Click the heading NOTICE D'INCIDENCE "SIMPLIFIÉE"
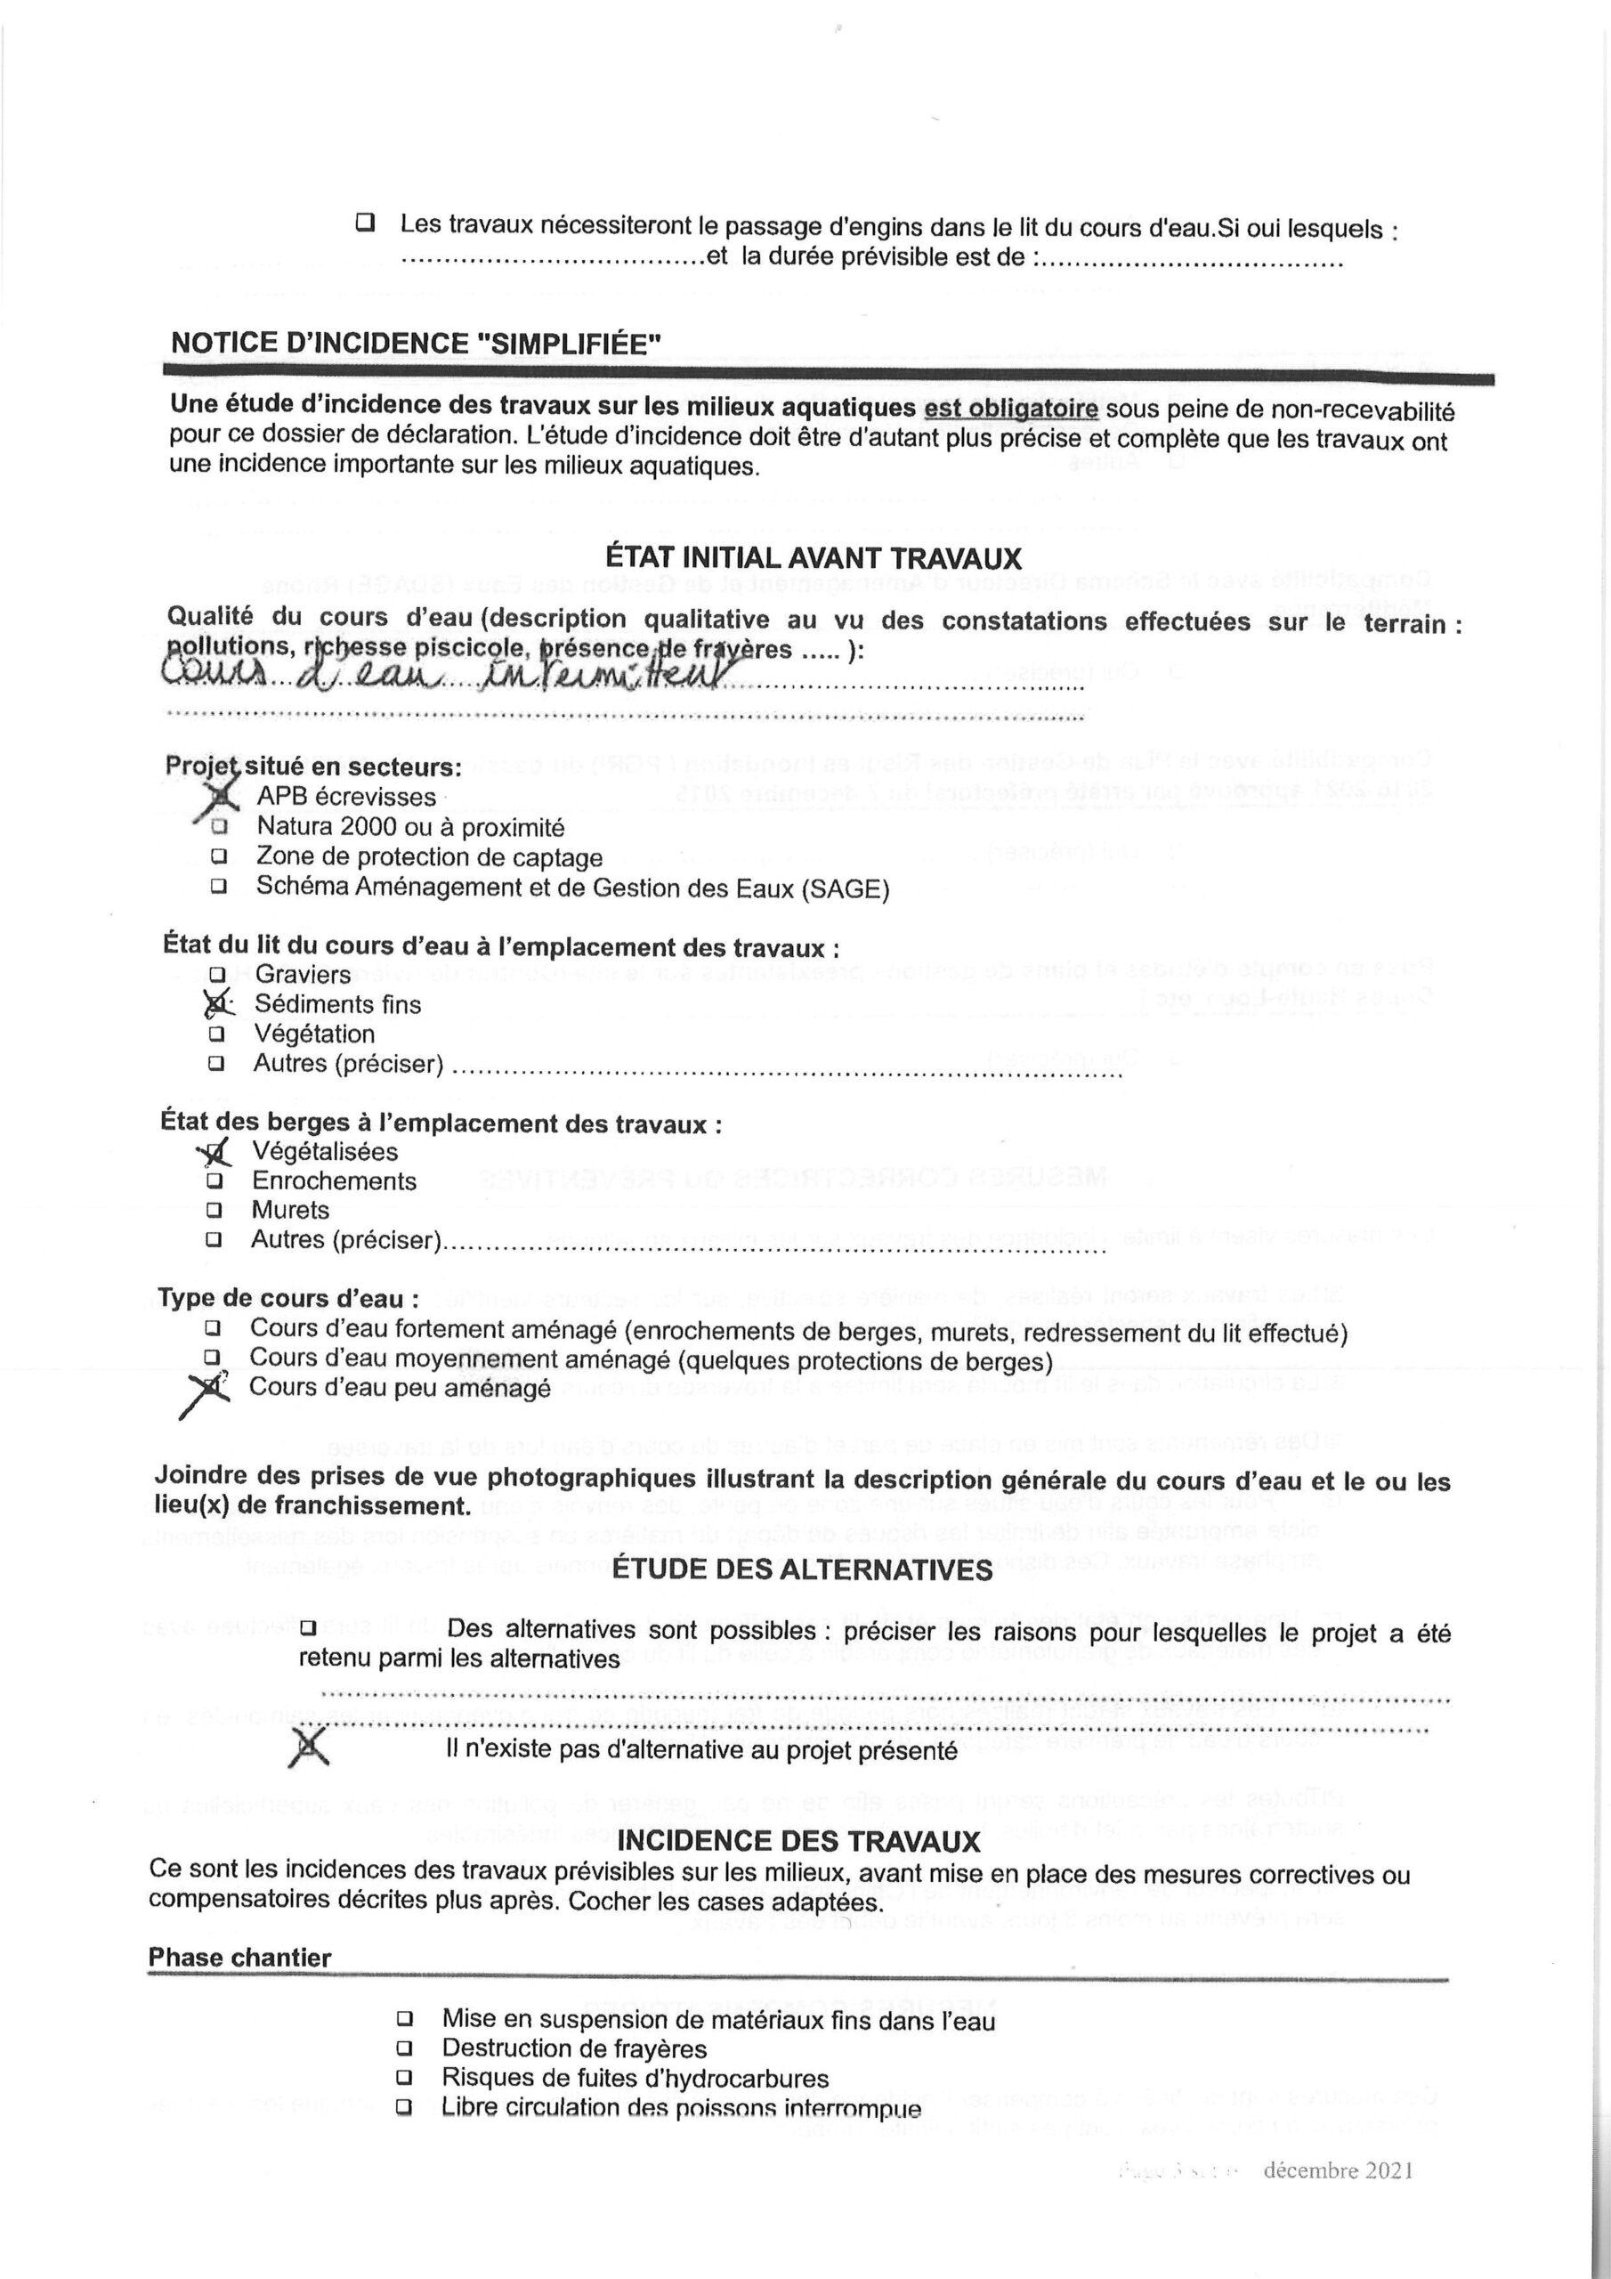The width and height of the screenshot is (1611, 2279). [x=416, y=344]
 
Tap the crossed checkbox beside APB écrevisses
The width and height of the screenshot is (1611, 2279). [x=223, y=796]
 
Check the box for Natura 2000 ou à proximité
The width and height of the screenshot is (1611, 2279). [x=219, y=826]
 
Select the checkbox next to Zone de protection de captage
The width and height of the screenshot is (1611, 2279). [x=218, y=856]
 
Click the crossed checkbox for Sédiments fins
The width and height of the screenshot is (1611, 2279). [x=216, y=1004]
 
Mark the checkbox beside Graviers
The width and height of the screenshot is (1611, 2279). [x=217, y=975]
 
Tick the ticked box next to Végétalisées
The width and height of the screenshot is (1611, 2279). [x=215, y=1152]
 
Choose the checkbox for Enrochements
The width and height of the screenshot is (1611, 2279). [x=215, y=1181]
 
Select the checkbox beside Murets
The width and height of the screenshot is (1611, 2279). [x=214, y=1211]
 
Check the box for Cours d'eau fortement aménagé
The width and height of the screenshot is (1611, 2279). [x=213, y=1328]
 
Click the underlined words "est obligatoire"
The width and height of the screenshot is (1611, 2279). [x=1010, y=409]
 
